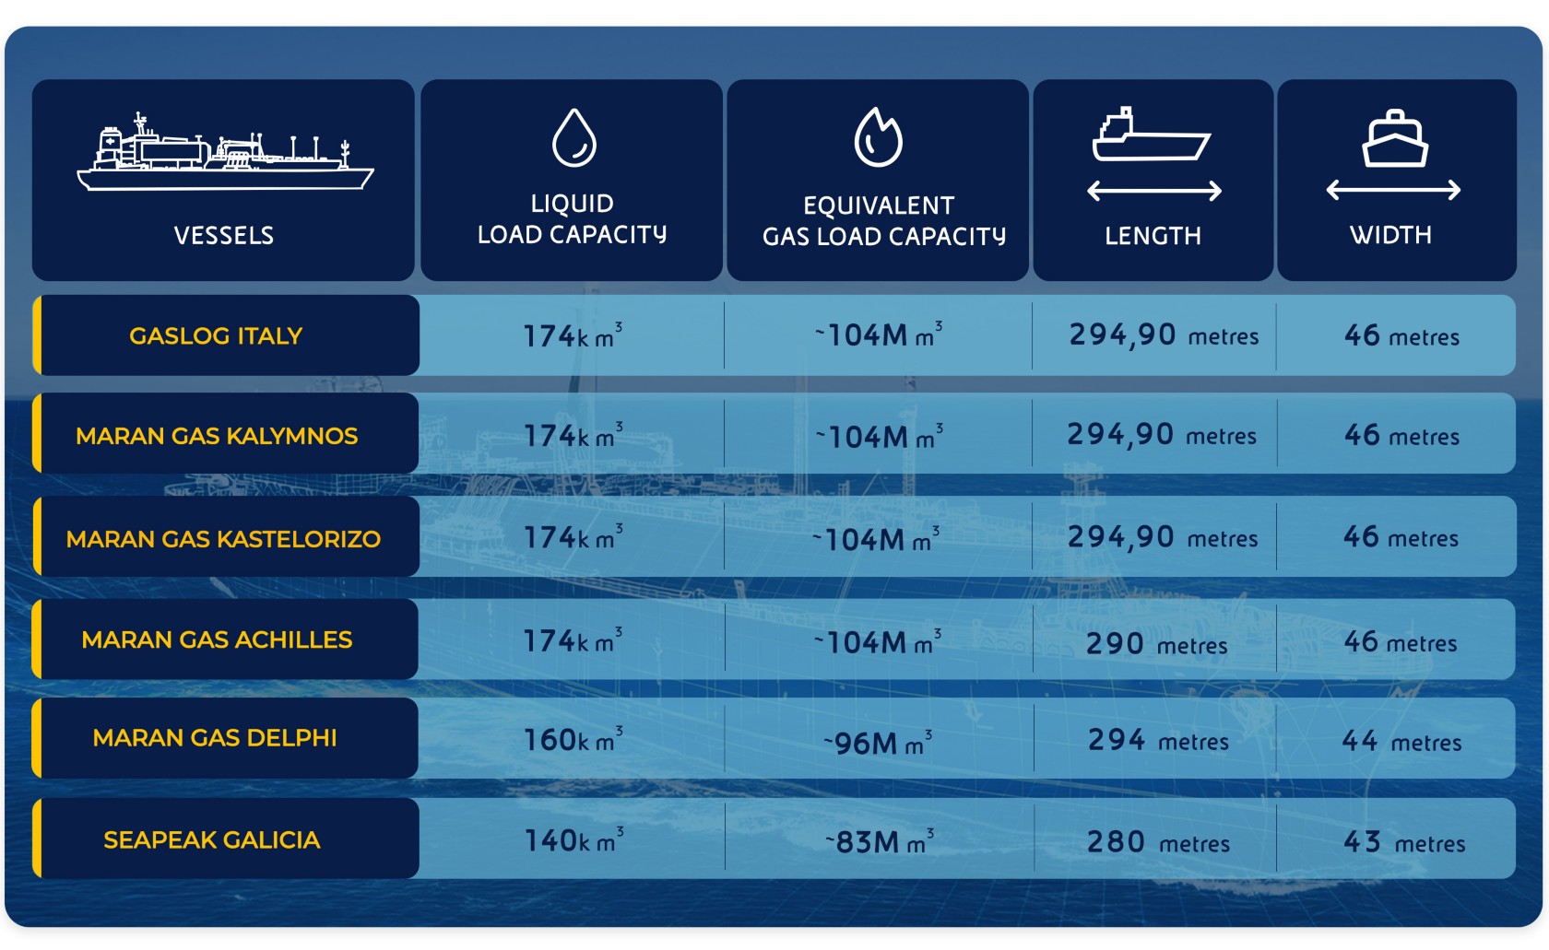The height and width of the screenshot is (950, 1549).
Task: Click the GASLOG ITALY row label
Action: [x=216, y=335]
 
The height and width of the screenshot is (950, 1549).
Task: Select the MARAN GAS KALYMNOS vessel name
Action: [x=217, y=436]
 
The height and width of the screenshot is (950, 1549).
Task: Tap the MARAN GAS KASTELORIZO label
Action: [x=223, y=539]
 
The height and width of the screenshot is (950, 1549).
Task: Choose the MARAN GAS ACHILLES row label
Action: [x=217, y=639]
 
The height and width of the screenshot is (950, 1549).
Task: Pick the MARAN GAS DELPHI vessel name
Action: [x=215, y=738]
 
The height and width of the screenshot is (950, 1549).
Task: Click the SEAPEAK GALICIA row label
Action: [x=212, y=839]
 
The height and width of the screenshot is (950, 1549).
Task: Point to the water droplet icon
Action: [x=573, y=138]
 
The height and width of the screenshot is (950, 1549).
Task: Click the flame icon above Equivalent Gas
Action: [x=878, y=138]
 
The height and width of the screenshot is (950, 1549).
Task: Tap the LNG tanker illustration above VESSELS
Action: [x=224, y=153]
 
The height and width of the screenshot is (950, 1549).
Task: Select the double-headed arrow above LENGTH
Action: [x=1153, y=191]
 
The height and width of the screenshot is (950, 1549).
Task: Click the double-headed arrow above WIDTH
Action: [x=1392, y=190]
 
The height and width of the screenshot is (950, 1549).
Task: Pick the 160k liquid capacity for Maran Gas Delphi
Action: [x=572, y=739]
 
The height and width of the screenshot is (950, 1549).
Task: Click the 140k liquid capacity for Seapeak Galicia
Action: [x=573, y=840]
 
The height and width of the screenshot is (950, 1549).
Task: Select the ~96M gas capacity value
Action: [x=878, y=742]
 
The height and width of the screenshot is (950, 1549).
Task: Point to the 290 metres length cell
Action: [x=1156, y=644]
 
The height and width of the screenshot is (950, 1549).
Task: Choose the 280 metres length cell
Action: [x=1158, y=842]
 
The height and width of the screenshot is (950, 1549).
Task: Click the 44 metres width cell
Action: [x=1401, y=741]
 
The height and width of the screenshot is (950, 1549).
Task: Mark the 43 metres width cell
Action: [x=1403, y=842]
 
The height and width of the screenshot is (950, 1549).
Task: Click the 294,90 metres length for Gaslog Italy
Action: [x=1164, y=335]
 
